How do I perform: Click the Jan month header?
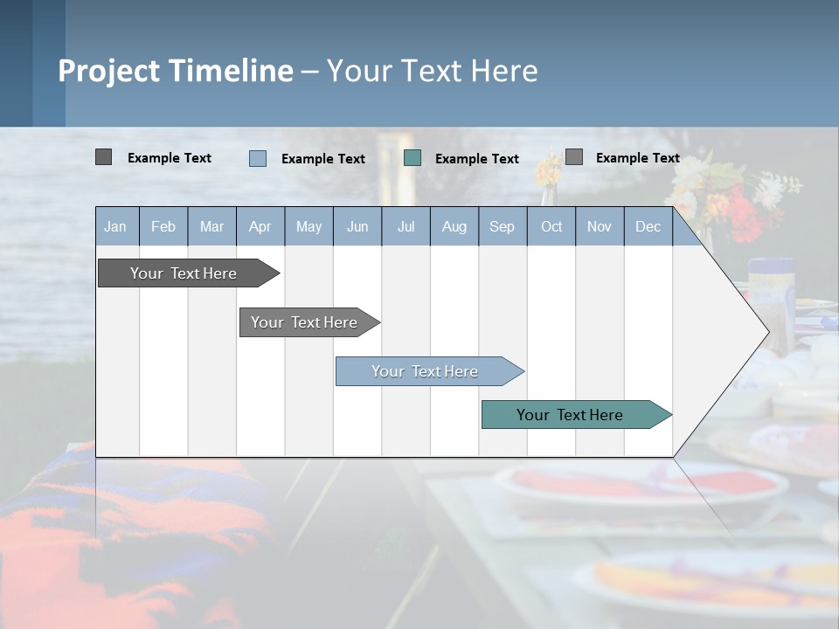[116, 226]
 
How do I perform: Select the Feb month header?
[163, 226]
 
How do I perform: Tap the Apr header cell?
[260, 226]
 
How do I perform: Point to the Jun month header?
[357, 226]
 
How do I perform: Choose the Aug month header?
[454, 226]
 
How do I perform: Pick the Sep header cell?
[502, 226]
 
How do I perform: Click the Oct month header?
[551, 226]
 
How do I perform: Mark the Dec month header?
[648, 226]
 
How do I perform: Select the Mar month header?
[211, 226]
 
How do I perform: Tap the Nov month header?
[600, 226]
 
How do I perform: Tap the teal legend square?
[413, 158]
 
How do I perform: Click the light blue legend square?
[258, 158]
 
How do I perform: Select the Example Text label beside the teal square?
[476, 159]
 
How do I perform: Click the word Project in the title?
[108, 71]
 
